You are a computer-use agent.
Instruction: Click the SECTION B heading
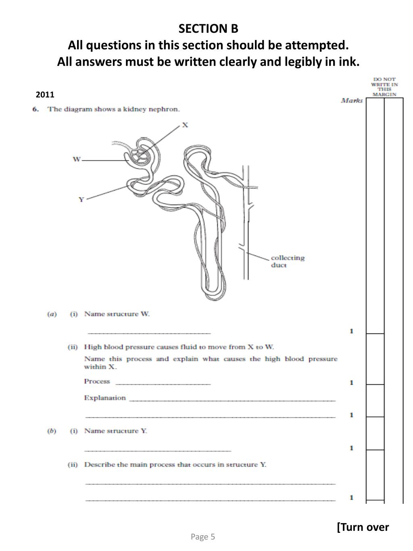point(208,29)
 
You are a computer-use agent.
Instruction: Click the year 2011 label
point(45,95)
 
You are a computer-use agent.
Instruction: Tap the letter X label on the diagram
point(185,125)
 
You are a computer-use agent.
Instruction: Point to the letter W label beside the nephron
point(76,159)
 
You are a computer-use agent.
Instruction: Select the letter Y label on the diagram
point(81,199)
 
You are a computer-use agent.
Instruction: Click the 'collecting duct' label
point(287,261)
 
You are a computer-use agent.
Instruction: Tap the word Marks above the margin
point(352,101)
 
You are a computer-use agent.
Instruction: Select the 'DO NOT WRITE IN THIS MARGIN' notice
point(384,87)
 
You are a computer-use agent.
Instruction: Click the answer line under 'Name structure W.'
point(149,333)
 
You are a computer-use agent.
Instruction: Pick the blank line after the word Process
point(163,383)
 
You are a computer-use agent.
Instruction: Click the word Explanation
point(105,398)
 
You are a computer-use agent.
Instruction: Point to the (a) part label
point(52,314)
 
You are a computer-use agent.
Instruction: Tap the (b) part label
point(52,431)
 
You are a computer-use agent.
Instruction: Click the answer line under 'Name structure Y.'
point(158,450)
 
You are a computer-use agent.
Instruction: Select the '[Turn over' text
point(363,527)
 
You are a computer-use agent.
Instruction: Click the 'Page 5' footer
point(203,536)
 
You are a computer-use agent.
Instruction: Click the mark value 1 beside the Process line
point(351,383)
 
